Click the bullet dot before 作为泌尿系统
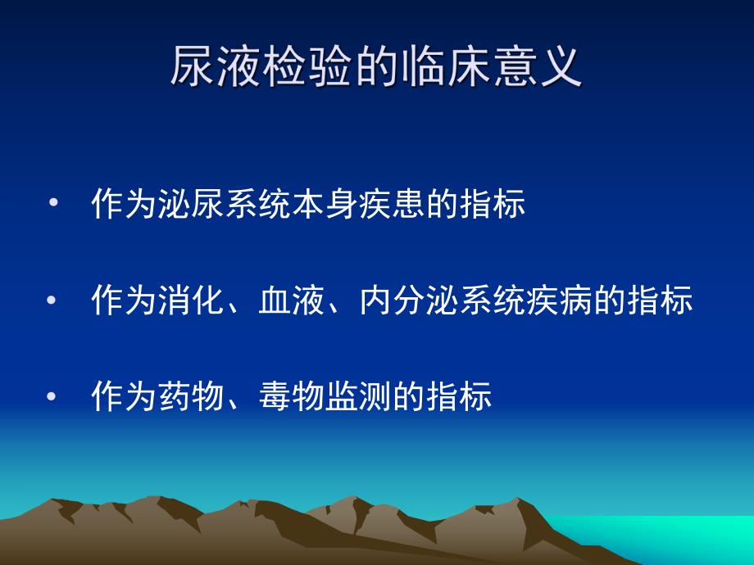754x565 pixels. (54, 204)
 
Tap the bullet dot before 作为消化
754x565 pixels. (54, 301)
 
